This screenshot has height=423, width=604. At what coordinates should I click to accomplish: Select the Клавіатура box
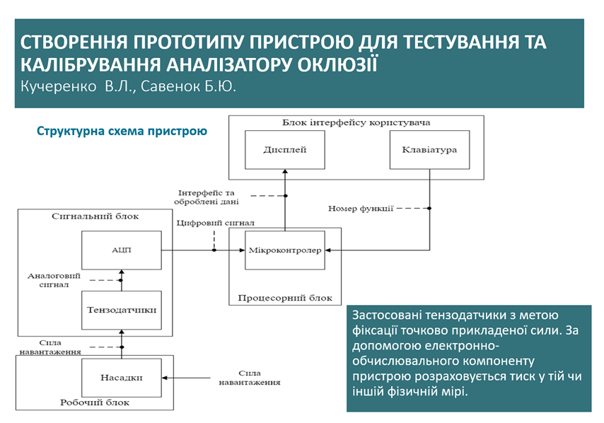(429, 149)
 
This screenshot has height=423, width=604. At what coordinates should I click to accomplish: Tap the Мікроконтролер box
(284, 250)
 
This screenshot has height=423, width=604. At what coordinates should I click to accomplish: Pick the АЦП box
(121, 250)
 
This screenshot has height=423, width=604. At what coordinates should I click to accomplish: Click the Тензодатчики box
(121, 311)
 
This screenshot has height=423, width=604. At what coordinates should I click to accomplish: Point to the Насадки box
(121, 377)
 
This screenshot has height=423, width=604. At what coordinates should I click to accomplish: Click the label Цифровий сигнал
(215, 223)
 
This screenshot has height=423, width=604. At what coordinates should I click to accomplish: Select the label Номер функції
(361, 208)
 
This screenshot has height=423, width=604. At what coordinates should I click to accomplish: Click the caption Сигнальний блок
(95, 216)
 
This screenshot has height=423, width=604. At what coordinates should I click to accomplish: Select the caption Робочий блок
(95, 402)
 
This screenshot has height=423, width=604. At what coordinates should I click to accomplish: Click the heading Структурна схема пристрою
(122, 131)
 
